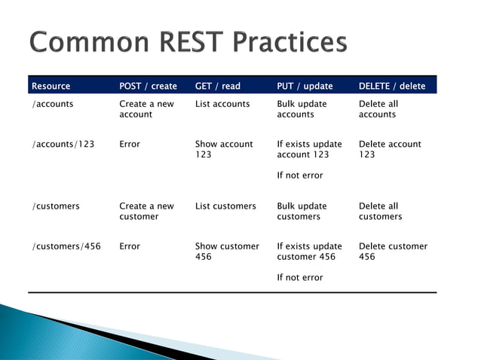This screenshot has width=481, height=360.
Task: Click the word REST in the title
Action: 191,41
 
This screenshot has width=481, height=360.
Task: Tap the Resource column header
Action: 51,86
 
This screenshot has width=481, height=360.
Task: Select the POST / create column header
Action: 149,86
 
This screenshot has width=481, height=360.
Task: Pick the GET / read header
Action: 218,86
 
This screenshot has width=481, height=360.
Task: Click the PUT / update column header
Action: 305,86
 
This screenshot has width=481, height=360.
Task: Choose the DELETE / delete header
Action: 392,86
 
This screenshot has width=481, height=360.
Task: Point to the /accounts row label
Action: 53,104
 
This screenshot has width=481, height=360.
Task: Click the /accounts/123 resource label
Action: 63,144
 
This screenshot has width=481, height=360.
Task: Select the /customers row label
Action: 56,206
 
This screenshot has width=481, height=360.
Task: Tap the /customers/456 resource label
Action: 66,246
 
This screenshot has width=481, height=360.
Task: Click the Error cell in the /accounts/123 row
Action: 130,144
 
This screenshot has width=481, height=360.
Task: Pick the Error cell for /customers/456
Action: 130,246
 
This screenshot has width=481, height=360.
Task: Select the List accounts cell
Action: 222,104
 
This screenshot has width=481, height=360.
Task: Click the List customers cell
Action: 225,206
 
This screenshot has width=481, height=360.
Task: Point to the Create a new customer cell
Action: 146,211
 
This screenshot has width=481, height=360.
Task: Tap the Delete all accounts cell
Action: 378,108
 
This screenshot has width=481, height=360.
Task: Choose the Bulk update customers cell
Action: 302,211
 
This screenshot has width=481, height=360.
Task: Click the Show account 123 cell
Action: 224,149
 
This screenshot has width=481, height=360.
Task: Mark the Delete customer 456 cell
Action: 394,252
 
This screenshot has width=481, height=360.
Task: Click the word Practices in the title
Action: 290,41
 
